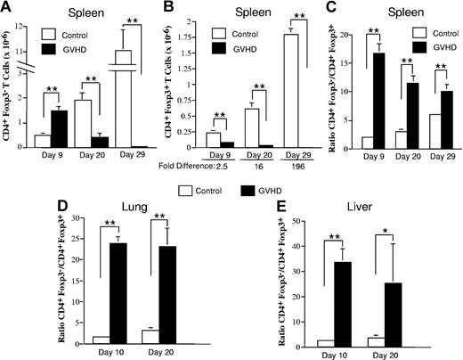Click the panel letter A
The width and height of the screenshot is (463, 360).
click(7, 8)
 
